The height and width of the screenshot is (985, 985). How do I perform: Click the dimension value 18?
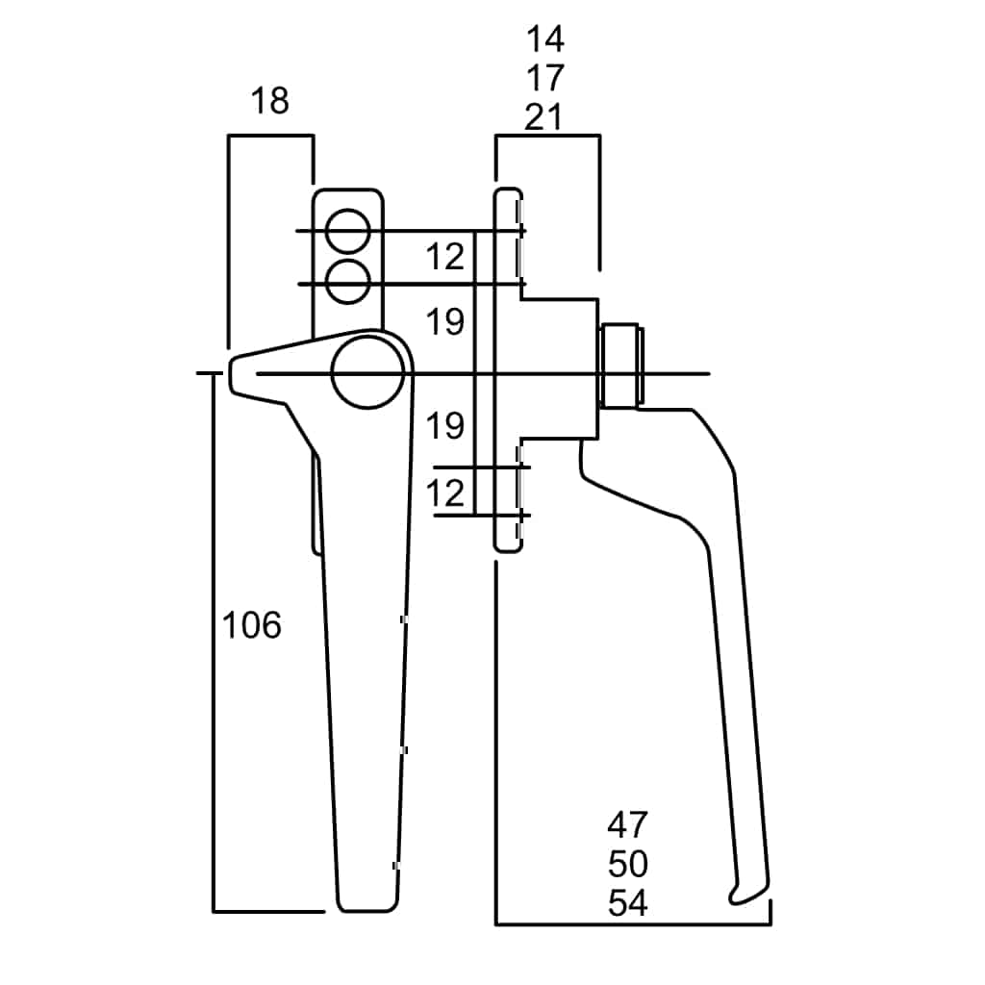coord(269,100)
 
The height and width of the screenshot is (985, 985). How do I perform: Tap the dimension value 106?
coord(252,625)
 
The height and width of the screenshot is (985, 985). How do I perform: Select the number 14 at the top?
coord(544,39)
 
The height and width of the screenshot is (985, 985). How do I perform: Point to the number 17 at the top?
coord(544,78)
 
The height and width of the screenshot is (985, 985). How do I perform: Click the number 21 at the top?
coord(544,116)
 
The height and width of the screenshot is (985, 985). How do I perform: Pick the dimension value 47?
coord(628,824)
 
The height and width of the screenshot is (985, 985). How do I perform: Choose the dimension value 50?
coord(628,864)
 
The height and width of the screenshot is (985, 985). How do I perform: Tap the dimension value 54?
coord(628,903)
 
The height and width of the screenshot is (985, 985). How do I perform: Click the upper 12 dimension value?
coord(445,257)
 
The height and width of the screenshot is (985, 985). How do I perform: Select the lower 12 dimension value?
coord(445,493)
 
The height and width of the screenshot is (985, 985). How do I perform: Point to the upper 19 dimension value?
coord(445,322)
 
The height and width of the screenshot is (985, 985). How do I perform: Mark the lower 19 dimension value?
coord(445,424)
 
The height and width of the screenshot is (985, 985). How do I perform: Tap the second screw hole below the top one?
coord(347,281)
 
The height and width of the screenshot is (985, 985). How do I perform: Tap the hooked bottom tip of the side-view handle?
coord(739,897)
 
